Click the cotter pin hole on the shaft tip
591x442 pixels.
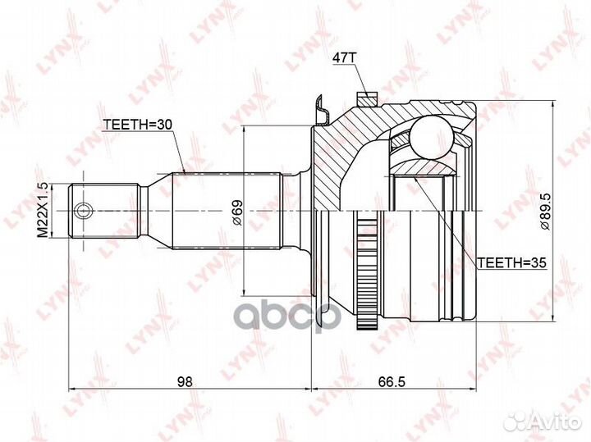(82, 212)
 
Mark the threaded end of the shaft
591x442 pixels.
(103, 212)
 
